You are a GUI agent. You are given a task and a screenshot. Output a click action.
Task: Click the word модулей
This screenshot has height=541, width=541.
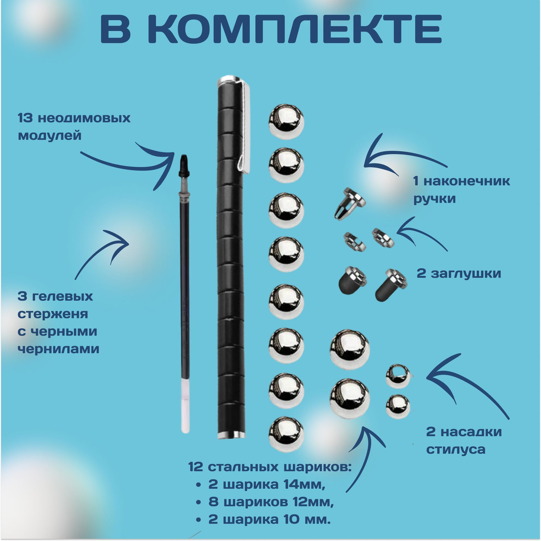pyautogui.click(x=50, y=136)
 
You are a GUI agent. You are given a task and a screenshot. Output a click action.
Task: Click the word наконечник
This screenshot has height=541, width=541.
pyautogui.click(x=467, y=181)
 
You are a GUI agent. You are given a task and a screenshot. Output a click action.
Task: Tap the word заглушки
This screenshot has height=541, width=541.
pyautogui.click(x=466, y=274)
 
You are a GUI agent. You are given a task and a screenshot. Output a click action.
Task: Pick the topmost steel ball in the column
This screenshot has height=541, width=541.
pyautogui.click(x=286, y=122)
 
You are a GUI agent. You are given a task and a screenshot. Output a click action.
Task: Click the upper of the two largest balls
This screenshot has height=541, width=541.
pyautogui.click(x=350, y=349)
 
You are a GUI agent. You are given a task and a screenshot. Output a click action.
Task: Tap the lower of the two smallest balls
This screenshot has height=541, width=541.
pyautogui.click(x=398, y=407)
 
